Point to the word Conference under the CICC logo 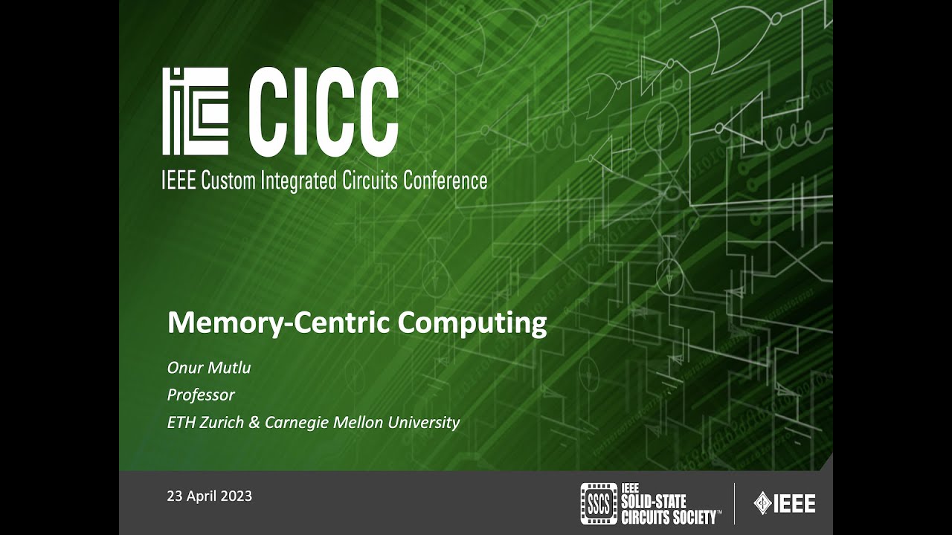pyautogui.click(x=446, y=181)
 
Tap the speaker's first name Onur pyautogui.click(x=184, y=367)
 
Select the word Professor pyautogui.click(x=201, y=395)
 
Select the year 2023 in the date pyautogui.click(x=237, y=496)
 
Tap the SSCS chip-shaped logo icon pyautogui.click(x=599, y=504)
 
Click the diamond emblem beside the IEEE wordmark pyautogui.click(x=762, y=503)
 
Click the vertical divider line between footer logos pyautogui.click(x=734, y=503)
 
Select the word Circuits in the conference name pyautogui.click(x=367, y=181)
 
